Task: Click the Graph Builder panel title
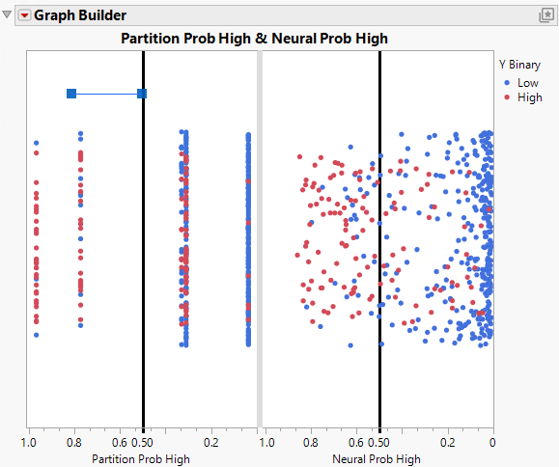click(80, 15)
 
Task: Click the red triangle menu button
click(25, 15)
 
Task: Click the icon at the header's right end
click(545, 15)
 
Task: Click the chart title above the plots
click(253, 39)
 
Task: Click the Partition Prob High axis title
click(141, 458)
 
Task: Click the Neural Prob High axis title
click(377, 458)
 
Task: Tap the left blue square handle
click(71, 94)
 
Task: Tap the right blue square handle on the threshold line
click(142, 94)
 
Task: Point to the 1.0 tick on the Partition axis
click(30, 442)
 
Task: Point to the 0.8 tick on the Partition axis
click(74, 442)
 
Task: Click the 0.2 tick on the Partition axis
click(211, 442)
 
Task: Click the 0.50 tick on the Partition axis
click(143, 442)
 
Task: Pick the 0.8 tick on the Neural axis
click(311, 442)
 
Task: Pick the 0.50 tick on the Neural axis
click(379, 442)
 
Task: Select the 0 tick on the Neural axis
click(492, 442)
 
